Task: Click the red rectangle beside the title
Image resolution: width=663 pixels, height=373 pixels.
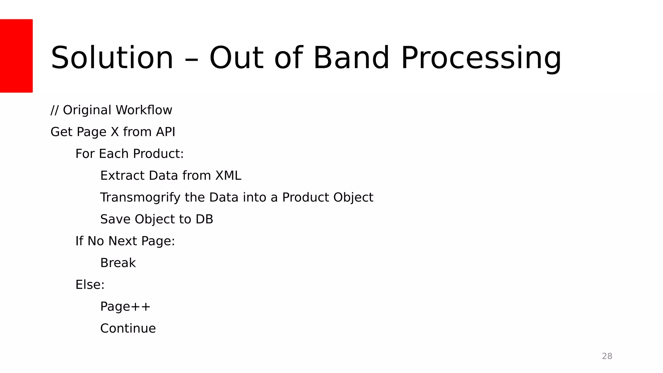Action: pyautogui.click(x=16, y=56)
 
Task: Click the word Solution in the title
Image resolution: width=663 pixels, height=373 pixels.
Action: pyautogui.click(x=112, y=58)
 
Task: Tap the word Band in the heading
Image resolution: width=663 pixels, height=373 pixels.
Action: pyautogui.click(x=351, y=58)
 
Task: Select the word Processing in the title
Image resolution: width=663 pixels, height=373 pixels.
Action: pyautogui.click(x=481, y=58)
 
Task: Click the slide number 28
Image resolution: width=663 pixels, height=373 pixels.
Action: pyautogui.click(x=607, y=356)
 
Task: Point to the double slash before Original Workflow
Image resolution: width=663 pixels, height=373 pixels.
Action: pyautogui.click(x=55, y=110)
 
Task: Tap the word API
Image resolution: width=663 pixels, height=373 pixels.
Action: pyautogui.click(x=165, y=132)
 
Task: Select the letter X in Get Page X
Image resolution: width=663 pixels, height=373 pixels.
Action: pyautogui.click(x=115, y=132)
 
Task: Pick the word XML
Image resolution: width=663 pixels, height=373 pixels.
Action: pyautogui.click(x=228, y=175)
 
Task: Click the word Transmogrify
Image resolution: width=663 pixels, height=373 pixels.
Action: pyautogui.click(x=140, y=198)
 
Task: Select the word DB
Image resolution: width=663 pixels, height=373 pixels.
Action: pyautogui.click(x=204, y=219)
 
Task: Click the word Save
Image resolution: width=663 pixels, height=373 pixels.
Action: pyautogui.click(x=115, y=219)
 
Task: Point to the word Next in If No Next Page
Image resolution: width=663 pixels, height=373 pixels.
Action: pyautogui.click(x=123, y=241)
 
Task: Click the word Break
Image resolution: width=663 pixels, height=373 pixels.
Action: pyautogui.click(x=118, y=263)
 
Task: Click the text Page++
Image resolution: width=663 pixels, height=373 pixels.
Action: pyautogui.click(x=125, y=307)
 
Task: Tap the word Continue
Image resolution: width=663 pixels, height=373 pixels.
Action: pyautogui.click(x=128, y=328)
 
